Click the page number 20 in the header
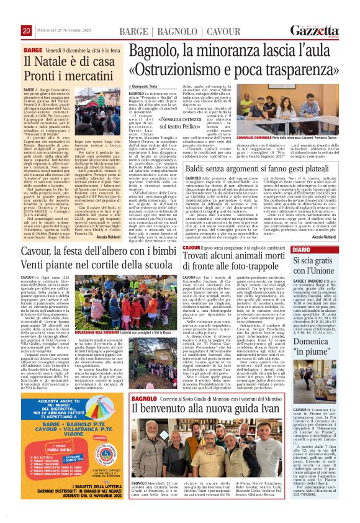pyautogui.click(x=26, y=30)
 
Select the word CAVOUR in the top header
pyautogui.click(x=208, y=31)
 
